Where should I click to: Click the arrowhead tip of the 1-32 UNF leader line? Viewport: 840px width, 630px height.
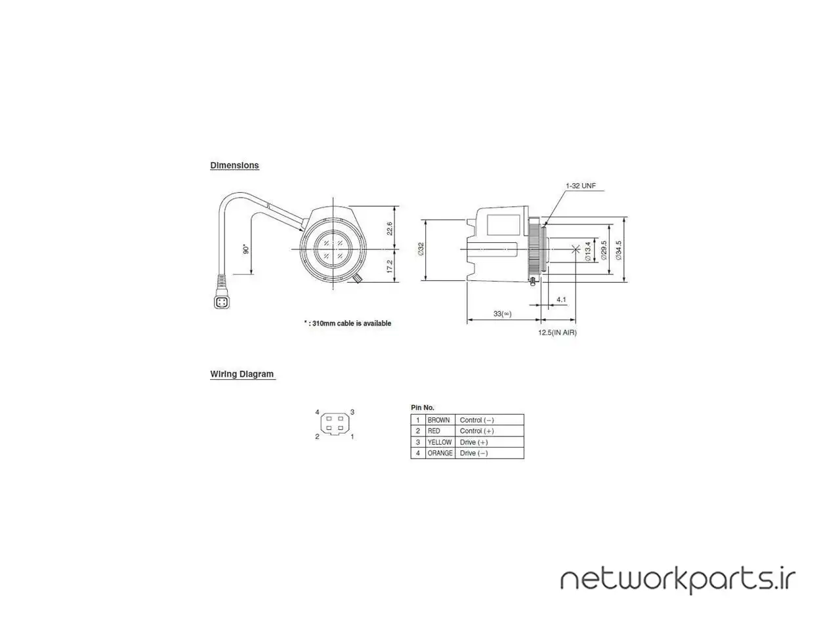click(x=545, y=225)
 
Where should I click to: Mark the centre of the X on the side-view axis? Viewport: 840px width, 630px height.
click(x=576, y=249)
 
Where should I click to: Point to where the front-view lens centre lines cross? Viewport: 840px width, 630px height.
click(x=333, y=249)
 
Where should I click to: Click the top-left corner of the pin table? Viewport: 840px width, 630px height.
click(x=411, y=414)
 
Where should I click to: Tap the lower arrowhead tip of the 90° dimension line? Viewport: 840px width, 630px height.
click(x=251, y=274)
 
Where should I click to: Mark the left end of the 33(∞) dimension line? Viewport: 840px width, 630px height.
click(x=467, y=320)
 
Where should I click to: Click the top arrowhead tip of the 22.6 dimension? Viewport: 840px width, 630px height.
click(x=395, y=206)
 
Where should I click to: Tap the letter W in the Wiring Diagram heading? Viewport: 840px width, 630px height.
click(x=213, y=374)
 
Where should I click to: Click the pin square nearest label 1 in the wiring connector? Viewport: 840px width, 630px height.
click(x=341, y=427)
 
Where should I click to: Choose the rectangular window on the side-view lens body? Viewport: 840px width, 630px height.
click(x=503, y=225)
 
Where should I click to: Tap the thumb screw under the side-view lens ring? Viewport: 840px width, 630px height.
click(x=533, y=282)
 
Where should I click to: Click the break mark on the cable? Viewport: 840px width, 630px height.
click(x=269, y=207)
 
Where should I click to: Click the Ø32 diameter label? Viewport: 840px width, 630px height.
click(x=421, y=249)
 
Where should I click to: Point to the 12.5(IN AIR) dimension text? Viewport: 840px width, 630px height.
click(x=557, y=333)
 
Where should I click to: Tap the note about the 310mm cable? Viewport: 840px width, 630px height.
click(x=347, y=324)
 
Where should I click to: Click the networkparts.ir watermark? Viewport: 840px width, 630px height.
click(x=678, y=580)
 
